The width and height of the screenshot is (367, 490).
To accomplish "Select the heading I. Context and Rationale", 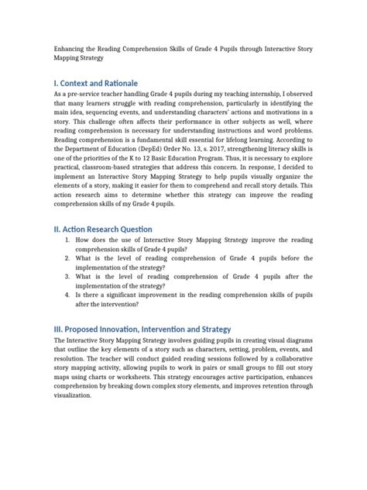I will pos(95,82).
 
